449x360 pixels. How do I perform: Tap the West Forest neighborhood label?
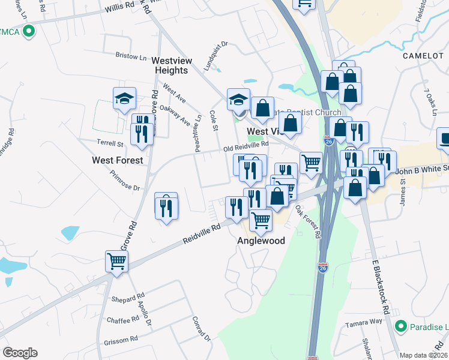pos(118,160)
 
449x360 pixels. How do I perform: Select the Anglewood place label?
pos(261,241)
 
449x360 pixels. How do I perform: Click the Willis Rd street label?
pos(120,8)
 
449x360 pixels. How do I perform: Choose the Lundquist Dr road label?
pos(216,53)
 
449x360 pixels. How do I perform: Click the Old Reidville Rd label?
pos(246,146)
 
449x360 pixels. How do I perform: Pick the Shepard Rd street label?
pos(128,297)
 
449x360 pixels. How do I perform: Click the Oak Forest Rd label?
pos(307,222)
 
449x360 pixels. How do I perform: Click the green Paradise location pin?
pos(402,326)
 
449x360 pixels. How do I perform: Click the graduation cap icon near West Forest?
pos(124,98)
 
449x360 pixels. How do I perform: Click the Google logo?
pos(20,353)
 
